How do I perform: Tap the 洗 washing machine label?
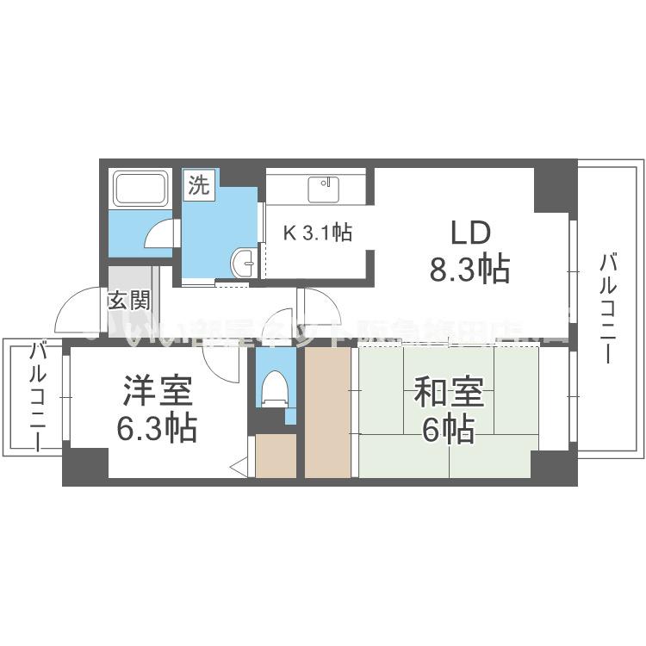[x=199, y=185]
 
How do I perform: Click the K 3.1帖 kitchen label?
[x=319, y=232]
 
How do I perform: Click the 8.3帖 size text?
[x=470, y=270]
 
